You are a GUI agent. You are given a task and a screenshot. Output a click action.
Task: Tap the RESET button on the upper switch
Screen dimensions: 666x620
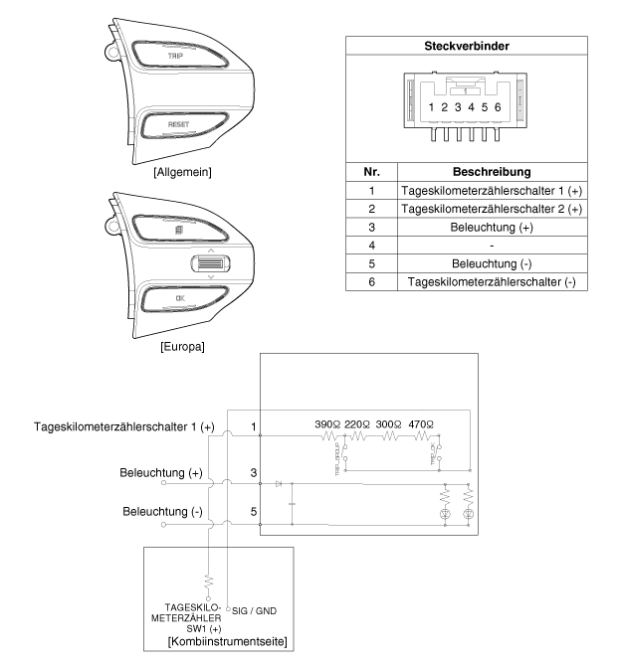coord(178,125)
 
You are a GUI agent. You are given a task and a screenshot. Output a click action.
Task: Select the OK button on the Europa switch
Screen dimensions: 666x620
coord(179,297)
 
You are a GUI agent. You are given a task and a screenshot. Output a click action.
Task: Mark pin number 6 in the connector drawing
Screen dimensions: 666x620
coord(497,106)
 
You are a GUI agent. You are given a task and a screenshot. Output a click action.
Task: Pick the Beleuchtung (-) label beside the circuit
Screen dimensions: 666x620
coord(161,512)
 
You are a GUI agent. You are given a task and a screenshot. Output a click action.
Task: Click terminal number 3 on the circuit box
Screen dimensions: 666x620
coord(255,474)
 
